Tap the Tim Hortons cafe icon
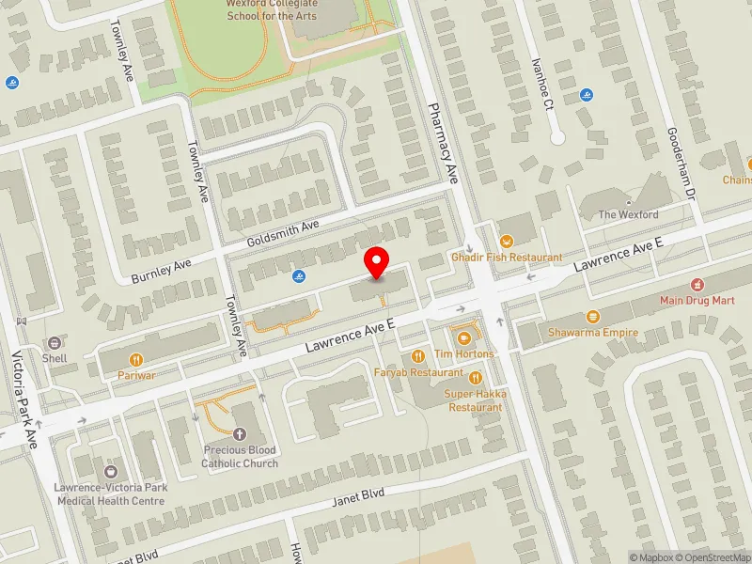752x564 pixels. click(x=462, y=337)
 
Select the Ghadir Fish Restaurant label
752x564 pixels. click(x=507, y=257)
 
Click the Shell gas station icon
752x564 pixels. click(x=55, y=343)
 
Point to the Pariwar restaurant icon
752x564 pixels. click(x=136, y=359)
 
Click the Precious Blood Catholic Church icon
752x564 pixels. click(x=240, y=434)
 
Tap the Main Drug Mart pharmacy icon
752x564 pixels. click(x=697, y=284)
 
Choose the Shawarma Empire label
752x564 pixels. click(x=593, y=332)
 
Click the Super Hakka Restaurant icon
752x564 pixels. click(x=476, y=377)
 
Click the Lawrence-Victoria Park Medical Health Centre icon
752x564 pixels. click(x=110, y=471)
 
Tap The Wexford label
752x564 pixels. click(x=629, y=214)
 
